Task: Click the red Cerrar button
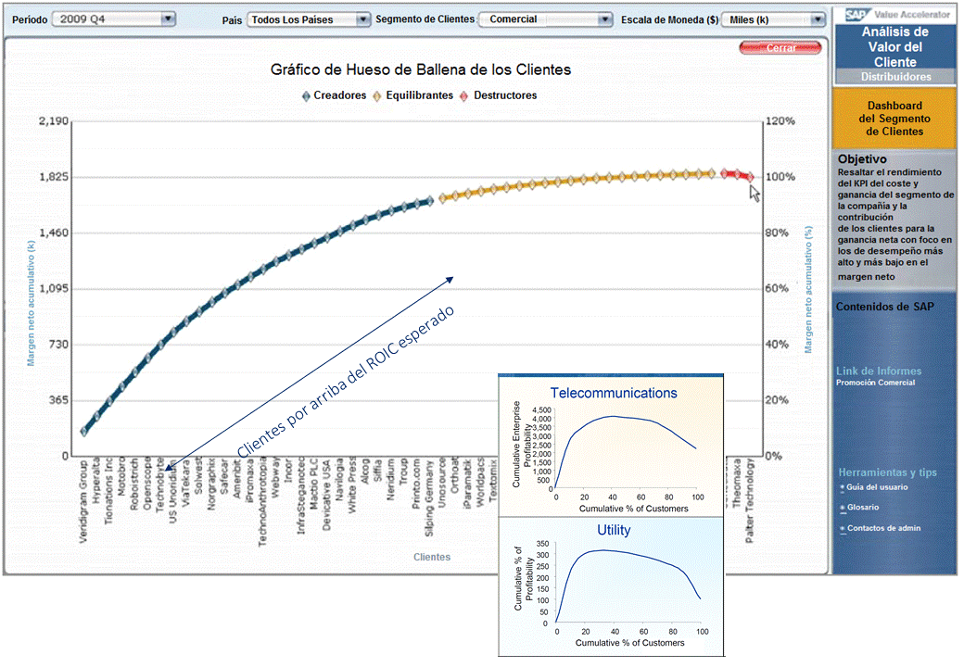point(780,48)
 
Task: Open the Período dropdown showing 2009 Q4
point(113,19)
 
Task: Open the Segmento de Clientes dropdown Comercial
point(545,19)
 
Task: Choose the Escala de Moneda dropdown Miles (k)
point(771,19)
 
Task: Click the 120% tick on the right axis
point(780,121)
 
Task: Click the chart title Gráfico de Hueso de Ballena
point(420,69)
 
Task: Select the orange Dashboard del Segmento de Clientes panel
point(894,119)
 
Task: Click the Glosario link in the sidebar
point(861,508)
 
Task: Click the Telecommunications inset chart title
point(614,393)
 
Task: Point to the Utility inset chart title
point(614,530)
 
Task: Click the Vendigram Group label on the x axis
point(84,500)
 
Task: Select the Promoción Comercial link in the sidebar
point(875,383)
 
